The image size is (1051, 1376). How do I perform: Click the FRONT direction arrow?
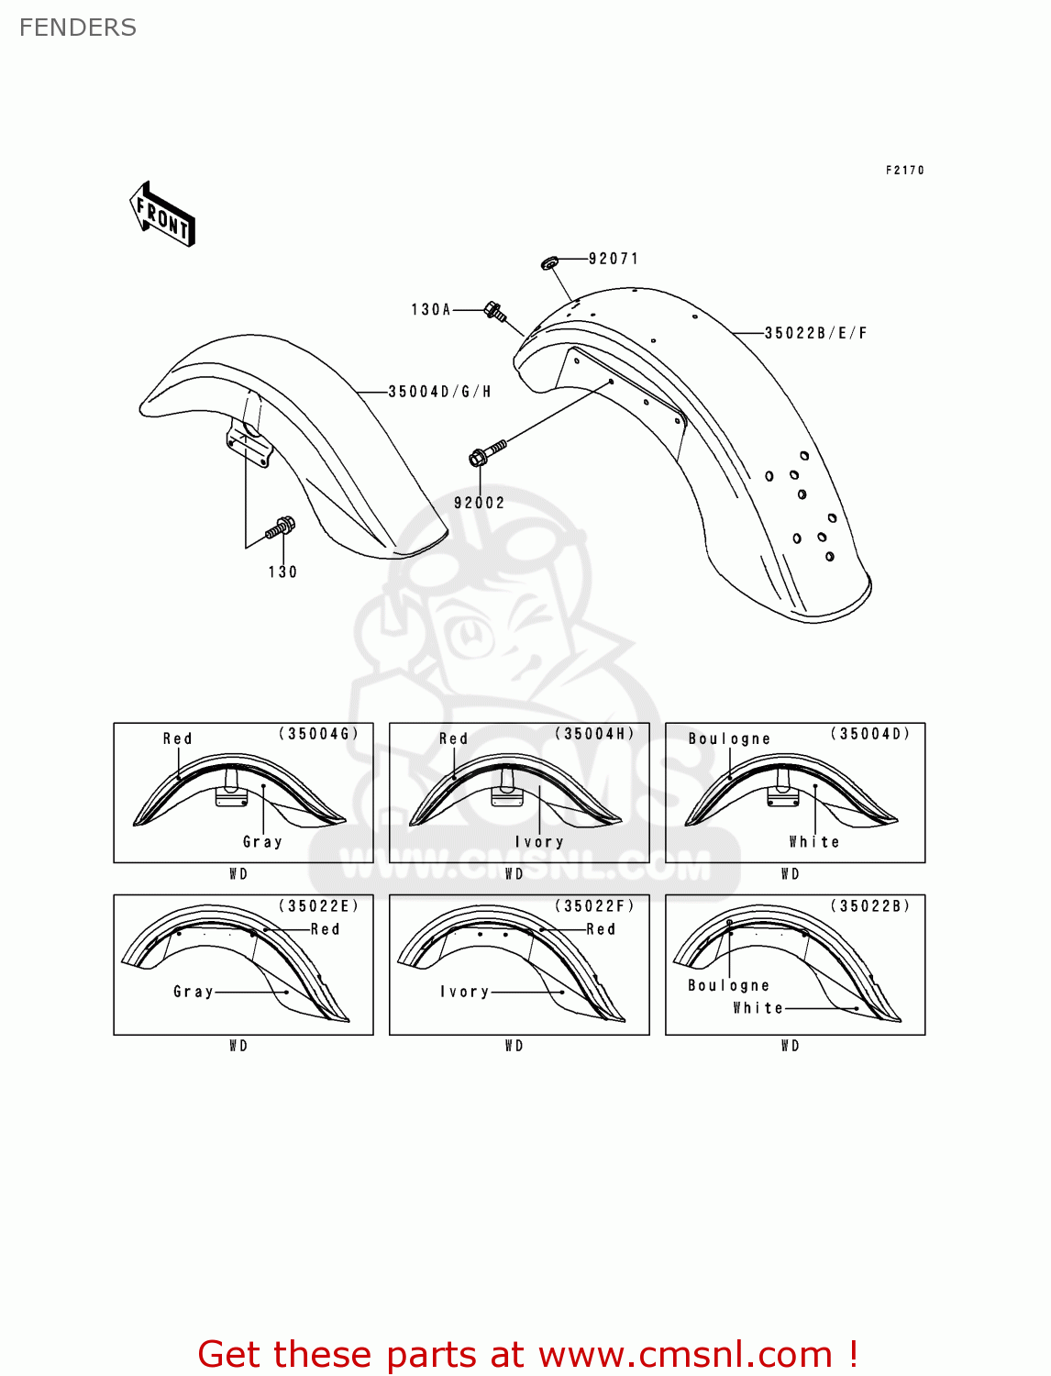[x=162, y=215]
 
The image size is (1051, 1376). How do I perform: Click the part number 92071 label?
[x=613, y=259]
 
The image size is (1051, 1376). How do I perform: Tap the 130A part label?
[x=430, y=310]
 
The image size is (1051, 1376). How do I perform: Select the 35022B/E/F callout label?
[x=815, y=333]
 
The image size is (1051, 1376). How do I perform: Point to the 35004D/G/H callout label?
[x=439, y=392]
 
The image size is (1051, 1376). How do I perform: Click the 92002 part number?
[x=479, y=503]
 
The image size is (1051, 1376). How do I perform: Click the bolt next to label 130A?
[x=494, y=312]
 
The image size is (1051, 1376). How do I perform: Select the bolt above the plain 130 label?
[x=281, y=528]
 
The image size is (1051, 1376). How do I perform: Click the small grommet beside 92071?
[x=549, y=264]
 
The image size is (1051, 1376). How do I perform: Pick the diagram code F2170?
[x=904, y=171]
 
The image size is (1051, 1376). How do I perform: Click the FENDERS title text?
[x=78, y=28]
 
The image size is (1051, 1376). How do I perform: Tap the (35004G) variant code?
[x=318, y=734]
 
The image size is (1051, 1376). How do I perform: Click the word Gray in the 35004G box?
[x=262, y=842]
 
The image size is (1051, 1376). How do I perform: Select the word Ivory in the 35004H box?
[x=539, y=842]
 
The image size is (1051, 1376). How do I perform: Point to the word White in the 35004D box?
[x=813, y=842]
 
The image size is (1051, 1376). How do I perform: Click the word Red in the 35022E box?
[x=325, y=929]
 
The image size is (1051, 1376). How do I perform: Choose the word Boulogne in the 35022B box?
[x=728, y=985]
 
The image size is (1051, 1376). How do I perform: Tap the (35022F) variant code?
[x=594, y=906]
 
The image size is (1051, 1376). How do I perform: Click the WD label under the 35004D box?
[x=790, y=874]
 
